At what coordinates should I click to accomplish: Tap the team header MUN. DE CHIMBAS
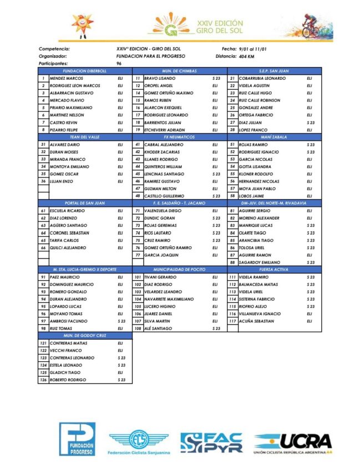coord(179,72)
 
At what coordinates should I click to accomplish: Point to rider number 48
coord(138,196)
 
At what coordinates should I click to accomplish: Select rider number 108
coord(138,328)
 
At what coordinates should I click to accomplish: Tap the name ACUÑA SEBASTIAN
coord(256,321)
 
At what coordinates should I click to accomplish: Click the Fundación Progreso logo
coord(77,439)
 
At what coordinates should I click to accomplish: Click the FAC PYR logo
coord(211,441)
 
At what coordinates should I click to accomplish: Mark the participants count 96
coord(119,64)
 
